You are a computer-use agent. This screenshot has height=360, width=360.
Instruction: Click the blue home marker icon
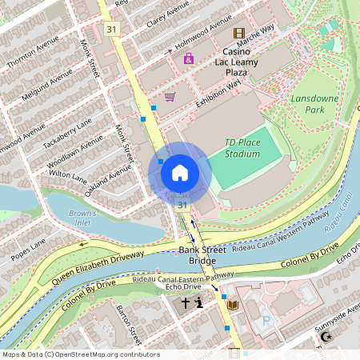click(180, 173)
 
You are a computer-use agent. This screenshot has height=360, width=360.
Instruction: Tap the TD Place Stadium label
click(242, 147)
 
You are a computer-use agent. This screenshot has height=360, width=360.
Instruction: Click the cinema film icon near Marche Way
click(238, 33)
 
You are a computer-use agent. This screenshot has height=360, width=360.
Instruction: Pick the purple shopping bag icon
click(189, 58)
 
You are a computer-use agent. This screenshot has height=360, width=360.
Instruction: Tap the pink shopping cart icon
click(170, 97)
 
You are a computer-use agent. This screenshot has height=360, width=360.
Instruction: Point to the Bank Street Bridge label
click(197, 256)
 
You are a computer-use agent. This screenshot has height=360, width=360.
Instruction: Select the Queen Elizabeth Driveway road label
click(101, 268)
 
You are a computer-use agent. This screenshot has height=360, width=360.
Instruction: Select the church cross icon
click(186, 303)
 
